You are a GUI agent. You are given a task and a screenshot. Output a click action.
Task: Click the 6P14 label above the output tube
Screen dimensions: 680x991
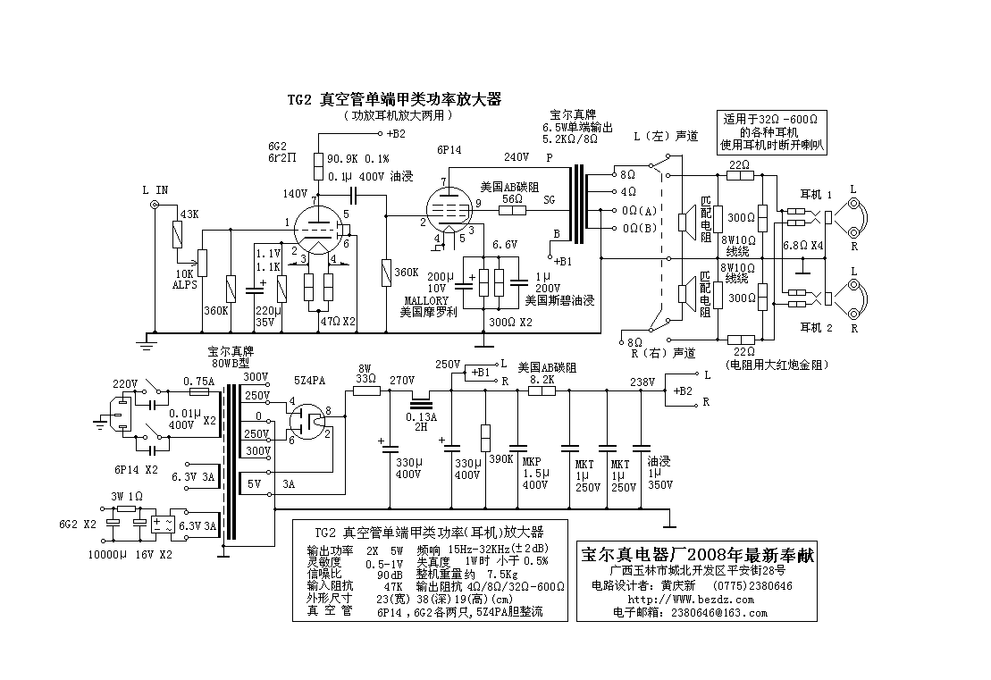(449, 151)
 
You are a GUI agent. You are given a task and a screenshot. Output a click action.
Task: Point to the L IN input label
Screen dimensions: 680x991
(155, 190)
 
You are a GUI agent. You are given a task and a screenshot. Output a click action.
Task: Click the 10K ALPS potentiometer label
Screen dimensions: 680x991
(186, 279)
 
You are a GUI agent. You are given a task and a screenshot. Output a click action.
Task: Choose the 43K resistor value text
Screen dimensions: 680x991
(189, 214)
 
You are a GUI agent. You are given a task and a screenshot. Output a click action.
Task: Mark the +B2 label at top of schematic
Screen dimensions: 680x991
(394, 134)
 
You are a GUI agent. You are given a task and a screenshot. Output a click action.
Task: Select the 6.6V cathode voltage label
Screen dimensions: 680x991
(505, 243)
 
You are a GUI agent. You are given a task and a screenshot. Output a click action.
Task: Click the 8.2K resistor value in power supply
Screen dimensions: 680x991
(542, 379)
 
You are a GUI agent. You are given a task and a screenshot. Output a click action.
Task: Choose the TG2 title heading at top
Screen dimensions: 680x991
(393, 100)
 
